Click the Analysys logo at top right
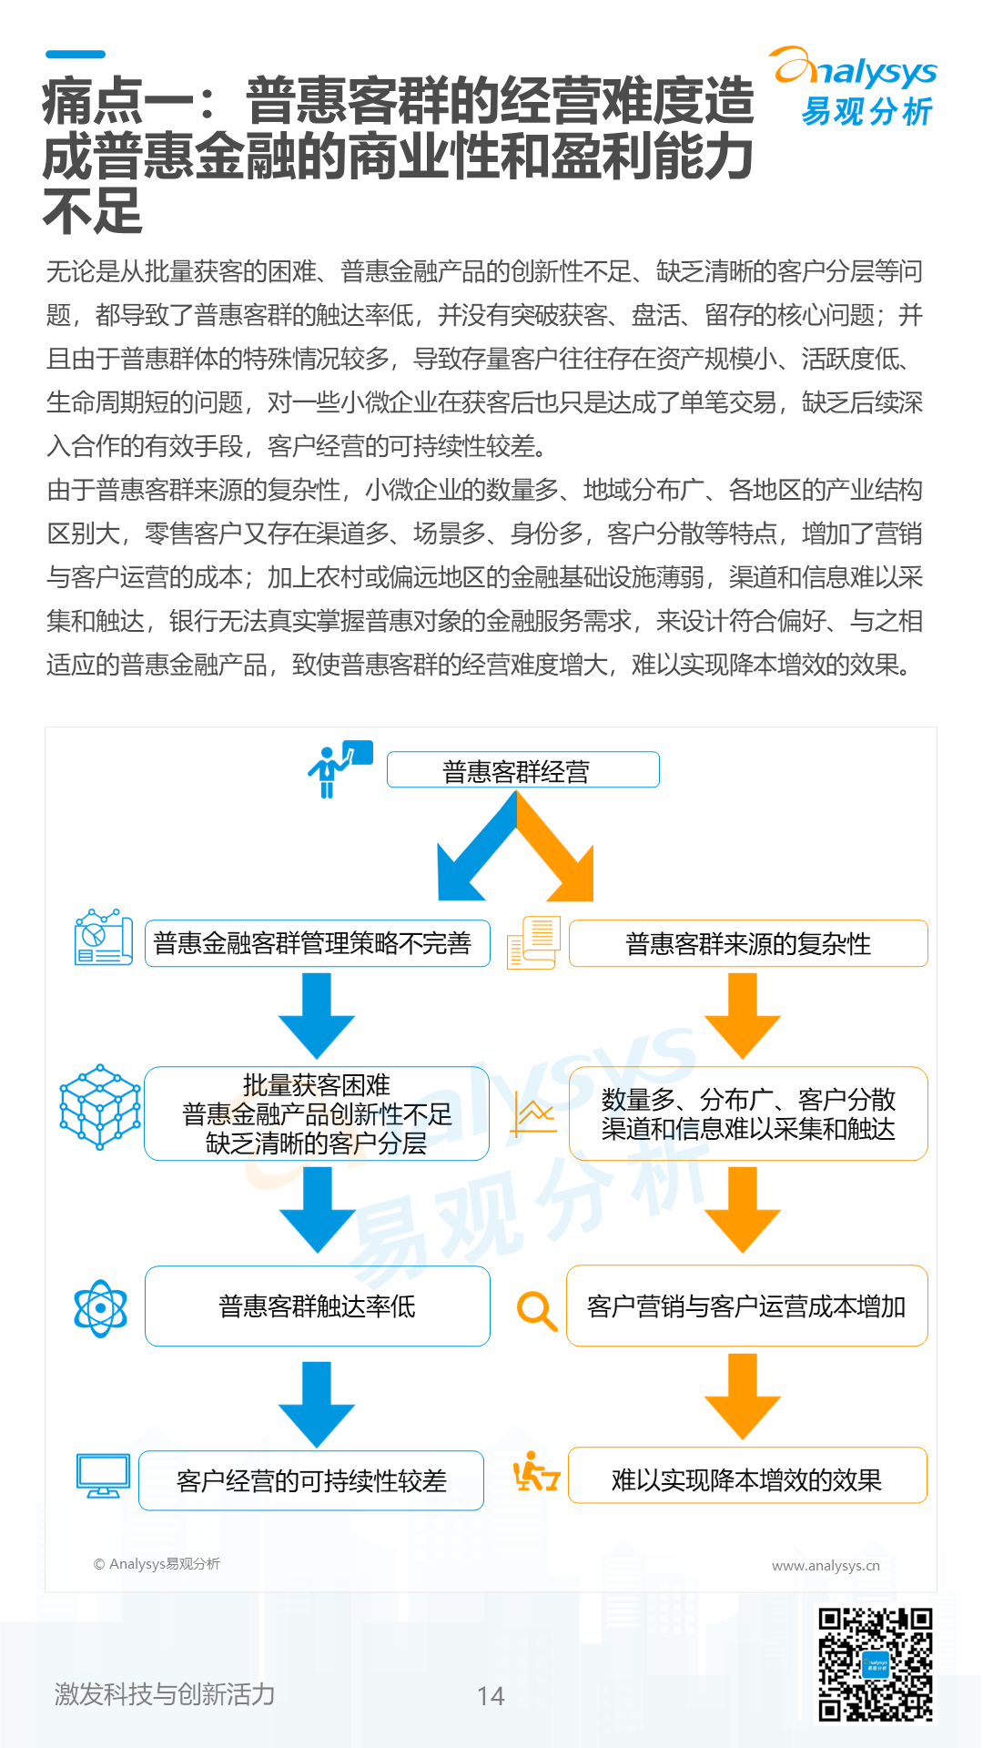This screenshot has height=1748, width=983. (856, 86)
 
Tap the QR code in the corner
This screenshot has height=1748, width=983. (876, 1665)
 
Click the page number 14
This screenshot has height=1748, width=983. (491, 1695)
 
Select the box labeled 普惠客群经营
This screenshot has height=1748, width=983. (522, 770)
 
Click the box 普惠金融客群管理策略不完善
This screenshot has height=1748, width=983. (317, 943)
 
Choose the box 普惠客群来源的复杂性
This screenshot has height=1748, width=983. (747, 943)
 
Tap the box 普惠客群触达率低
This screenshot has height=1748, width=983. (317, 1306)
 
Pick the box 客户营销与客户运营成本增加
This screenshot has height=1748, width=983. (746, 1306)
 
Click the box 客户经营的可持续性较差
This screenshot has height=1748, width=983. (311, 1480)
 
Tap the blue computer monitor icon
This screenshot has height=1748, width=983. (103, 1476)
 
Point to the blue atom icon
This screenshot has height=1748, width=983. (100, 1308)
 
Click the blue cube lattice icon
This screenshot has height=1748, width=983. (100, 1106)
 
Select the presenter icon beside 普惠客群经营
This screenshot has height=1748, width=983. (338, 768)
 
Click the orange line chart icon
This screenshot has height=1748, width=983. (534, 1114)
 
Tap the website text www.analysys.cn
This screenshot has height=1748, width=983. (826, 1566)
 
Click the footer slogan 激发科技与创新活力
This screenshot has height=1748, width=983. (165, 1694)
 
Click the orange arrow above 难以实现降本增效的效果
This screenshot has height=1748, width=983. (743, 1396)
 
